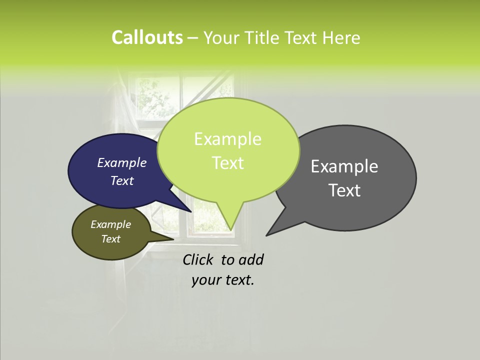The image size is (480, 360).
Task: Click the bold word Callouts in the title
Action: (x=147, y=38)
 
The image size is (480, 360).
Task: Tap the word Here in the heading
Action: (x=340, y=38)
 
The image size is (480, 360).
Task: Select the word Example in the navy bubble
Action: (x=121, y=162)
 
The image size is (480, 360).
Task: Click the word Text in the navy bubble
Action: (x=121, y=180)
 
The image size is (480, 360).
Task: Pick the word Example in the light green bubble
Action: (x=227, y=139)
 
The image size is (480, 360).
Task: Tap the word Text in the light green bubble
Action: (x=227, y=163)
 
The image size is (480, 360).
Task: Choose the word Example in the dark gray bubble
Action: (x=344, y=166)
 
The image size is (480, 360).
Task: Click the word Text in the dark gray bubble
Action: (x=344, y=190)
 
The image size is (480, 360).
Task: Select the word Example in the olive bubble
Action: (x=110, y=224)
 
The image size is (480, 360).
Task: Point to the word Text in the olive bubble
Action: (x=110, y=239)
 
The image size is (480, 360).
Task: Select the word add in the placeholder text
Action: (x=251, y=259)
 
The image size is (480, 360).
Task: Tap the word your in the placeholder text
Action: (x=205, y=280)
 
